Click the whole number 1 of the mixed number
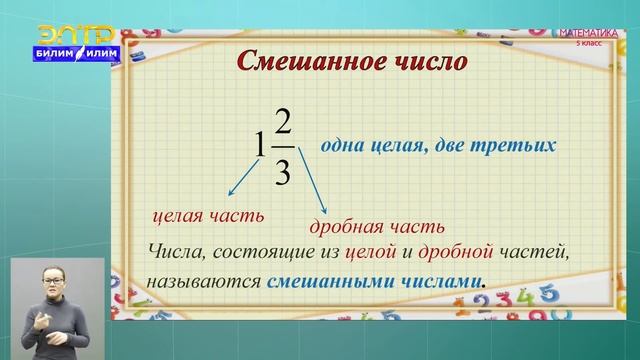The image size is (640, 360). point(261,146)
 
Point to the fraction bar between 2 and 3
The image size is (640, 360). point(282,147)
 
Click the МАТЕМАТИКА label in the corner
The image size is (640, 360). point(592,33)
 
